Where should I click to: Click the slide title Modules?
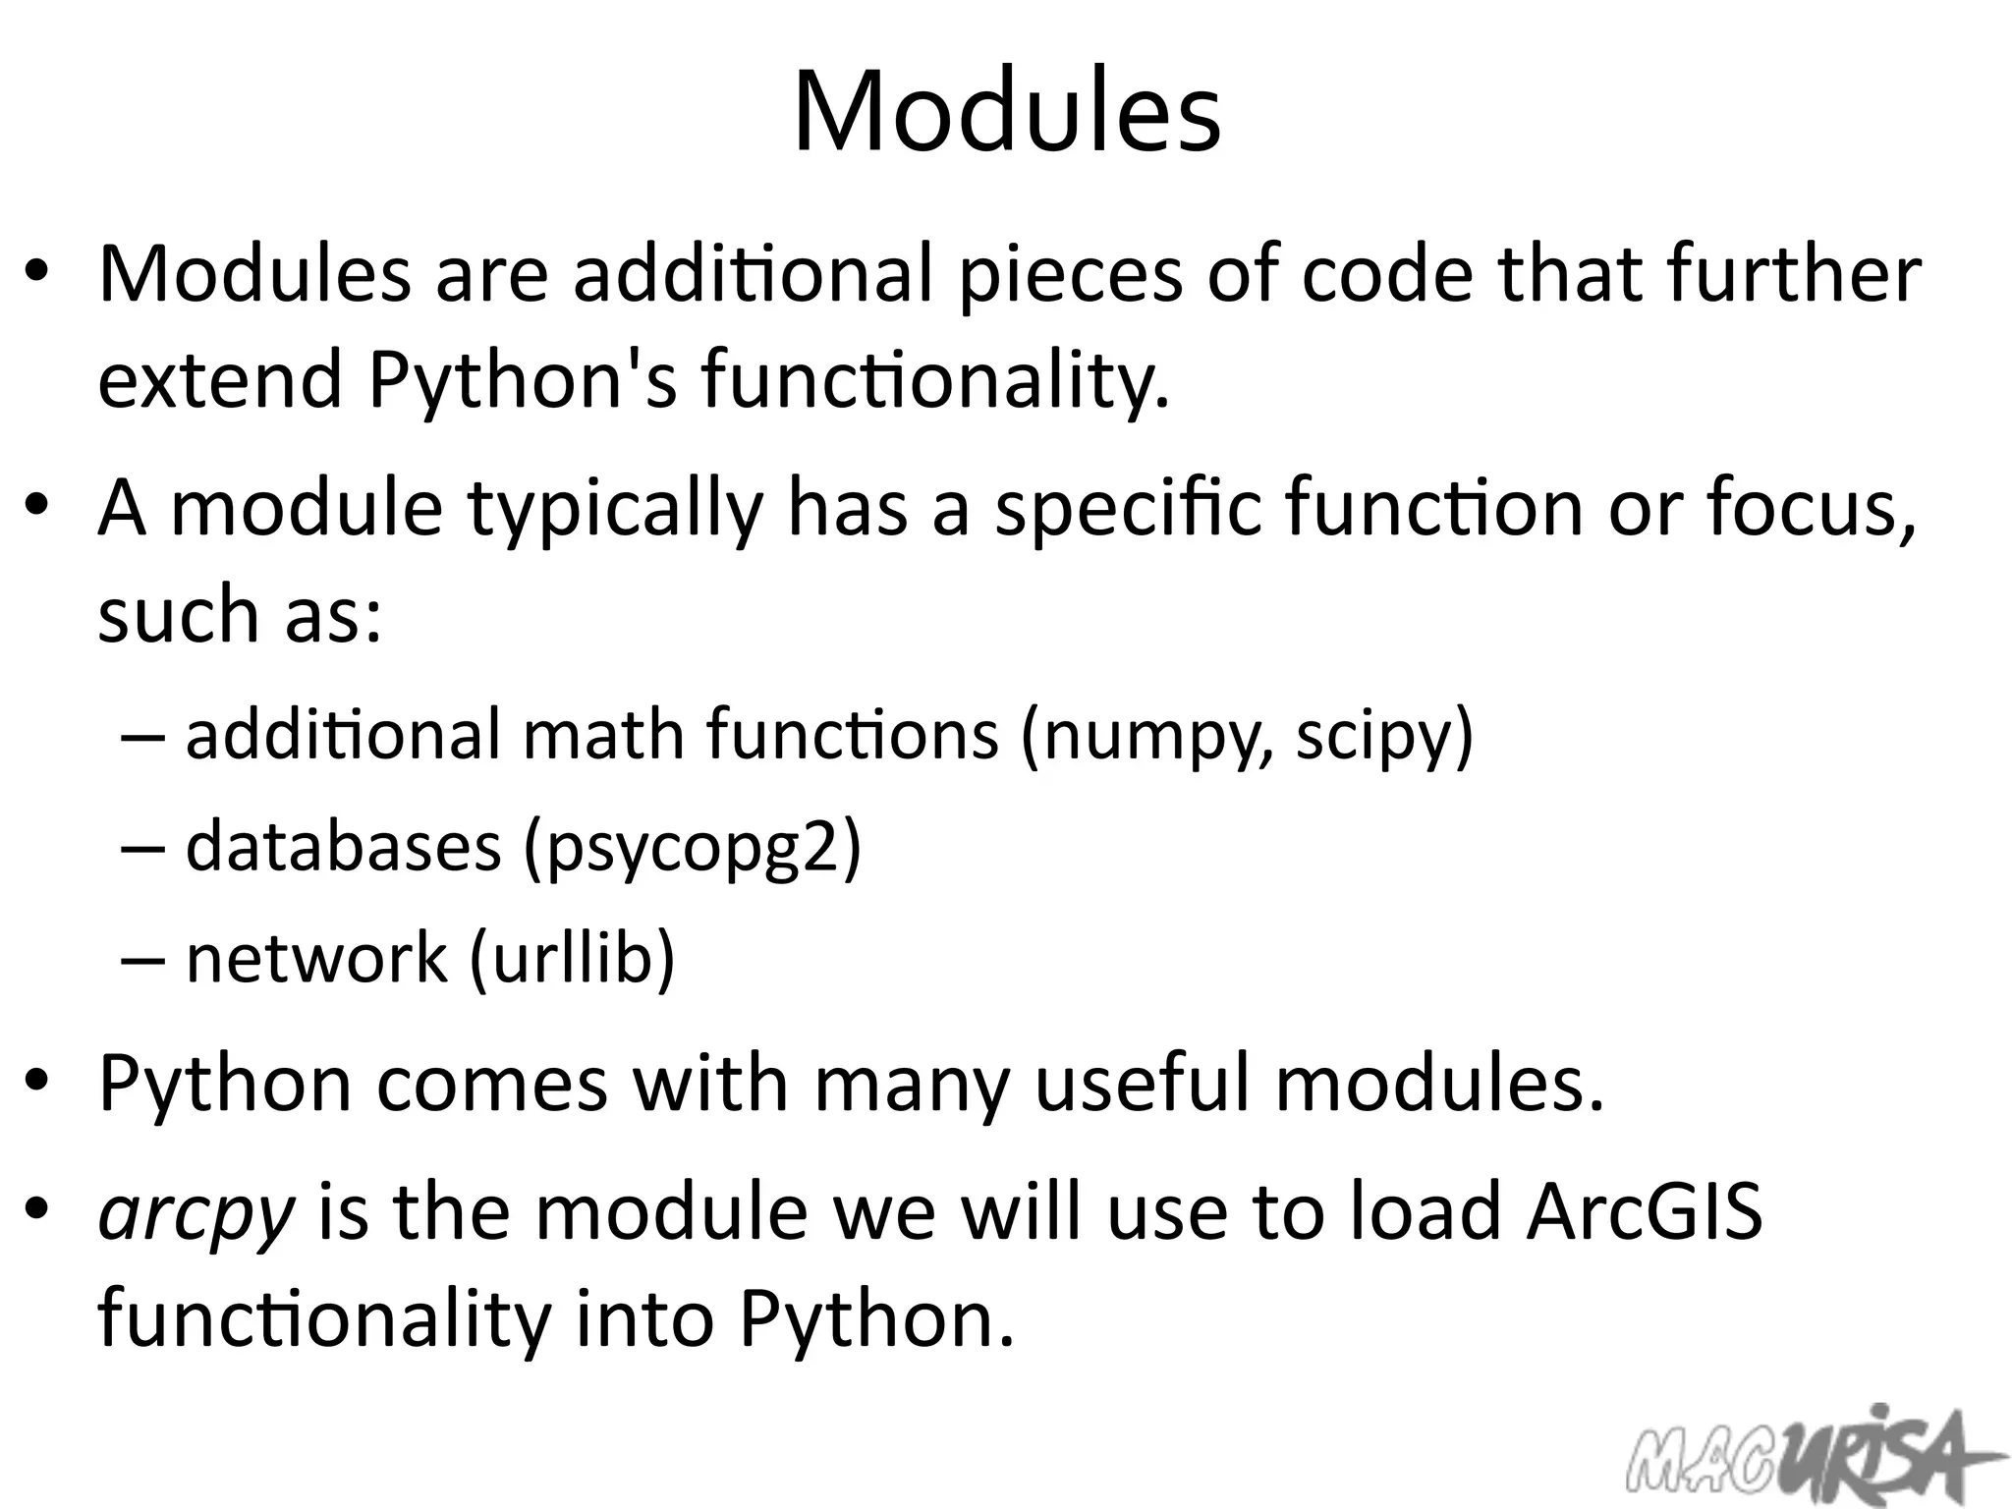pyautogui.click(x=1006, y=110)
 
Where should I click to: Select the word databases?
pyautogui.click(x=343, y=847)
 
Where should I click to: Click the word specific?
pyautogui.click(x=1127, y=510)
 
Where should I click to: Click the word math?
pyautogui.click(x=603, y=736)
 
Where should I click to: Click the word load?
pyautogui.click(x=1425, y=1210)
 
